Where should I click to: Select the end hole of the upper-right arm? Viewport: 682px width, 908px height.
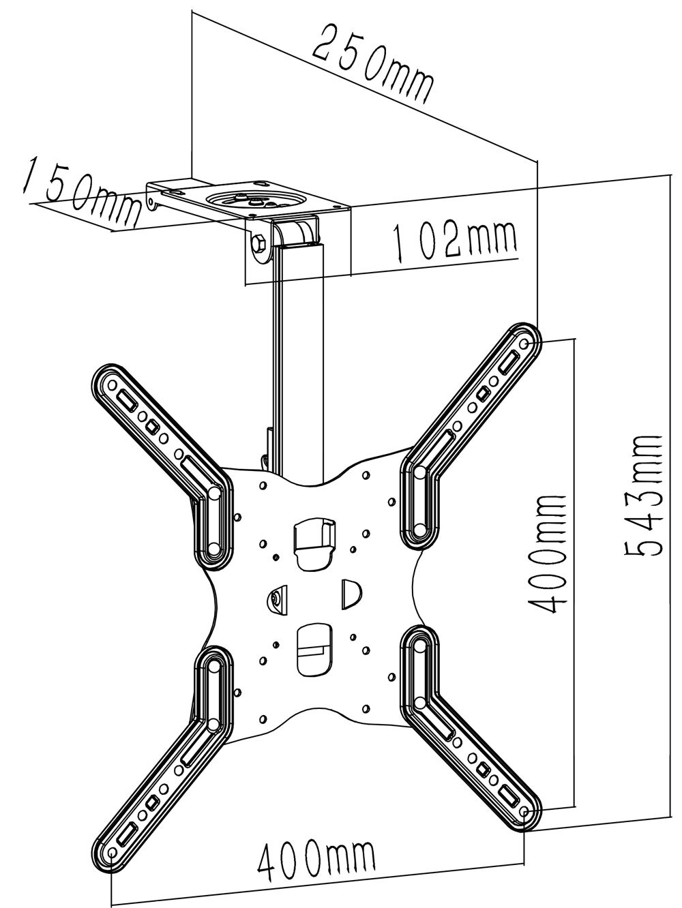pyautogui.click(x=523, y=345)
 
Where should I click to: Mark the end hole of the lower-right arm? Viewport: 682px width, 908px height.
pyautogui.click(x=523, y=813)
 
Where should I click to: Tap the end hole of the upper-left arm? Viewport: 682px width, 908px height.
pyautogui.click(x=109, y=385)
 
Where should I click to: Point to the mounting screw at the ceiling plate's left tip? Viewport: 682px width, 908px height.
pyautogui.click(x=152, y=201)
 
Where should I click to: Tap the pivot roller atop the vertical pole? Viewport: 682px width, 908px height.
pyautogui.click(x=297, y=230)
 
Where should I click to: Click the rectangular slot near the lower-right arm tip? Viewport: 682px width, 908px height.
pyautogui.click(x=507, y=793)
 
